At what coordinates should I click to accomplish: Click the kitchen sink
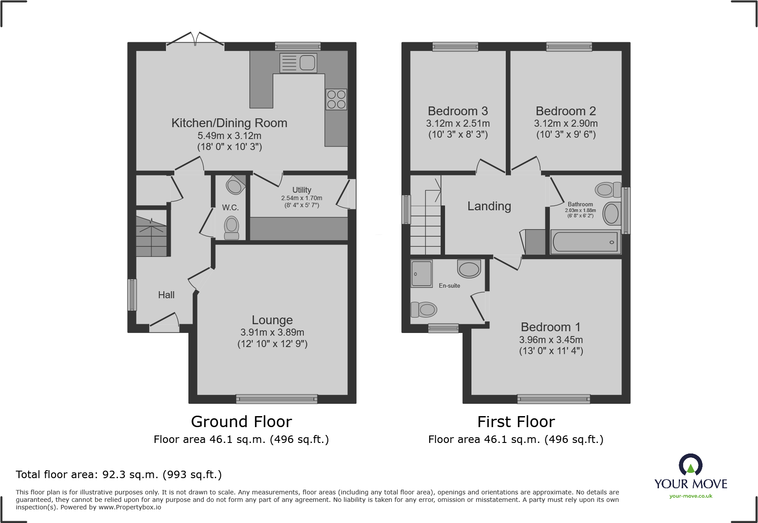point(298,62)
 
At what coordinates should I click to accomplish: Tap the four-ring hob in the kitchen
point(336,99)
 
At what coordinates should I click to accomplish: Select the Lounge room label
point(272,320)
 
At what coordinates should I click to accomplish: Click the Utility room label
point(302,190)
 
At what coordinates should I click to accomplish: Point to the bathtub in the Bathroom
point(585,242)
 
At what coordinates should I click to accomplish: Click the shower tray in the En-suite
point(422,273)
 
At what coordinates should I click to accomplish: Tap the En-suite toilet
point(424,309)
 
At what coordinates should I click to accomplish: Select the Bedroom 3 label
point(458,111)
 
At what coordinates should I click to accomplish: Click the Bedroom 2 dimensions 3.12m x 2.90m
point(566,124)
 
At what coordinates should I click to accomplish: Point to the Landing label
point(489,206)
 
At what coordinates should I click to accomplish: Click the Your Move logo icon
point(690,465)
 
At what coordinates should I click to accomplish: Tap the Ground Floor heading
point(241,421)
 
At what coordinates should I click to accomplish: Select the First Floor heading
point(516,421)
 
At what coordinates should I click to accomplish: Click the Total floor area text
point(119,474)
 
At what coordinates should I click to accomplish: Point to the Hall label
point(166,295)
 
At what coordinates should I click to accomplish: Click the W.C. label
point(230,207)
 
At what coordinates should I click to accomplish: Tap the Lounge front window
point(276,399)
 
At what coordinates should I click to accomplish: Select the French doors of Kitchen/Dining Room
point(195,41)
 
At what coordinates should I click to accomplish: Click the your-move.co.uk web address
point(691,496)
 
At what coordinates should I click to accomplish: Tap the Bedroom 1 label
point(550,327)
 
